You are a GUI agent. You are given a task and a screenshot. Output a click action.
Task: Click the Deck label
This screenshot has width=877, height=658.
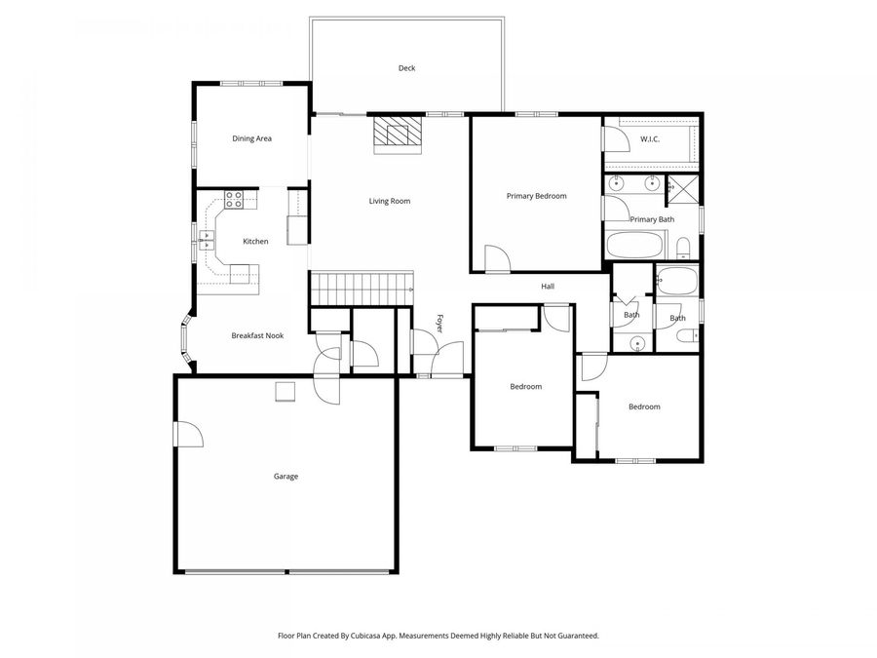[x=406, y=68]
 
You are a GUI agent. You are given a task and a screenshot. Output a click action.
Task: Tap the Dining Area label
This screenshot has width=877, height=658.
[x=251, y=138]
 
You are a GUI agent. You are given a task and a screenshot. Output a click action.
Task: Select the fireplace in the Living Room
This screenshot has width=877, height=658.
[x=397, y=134]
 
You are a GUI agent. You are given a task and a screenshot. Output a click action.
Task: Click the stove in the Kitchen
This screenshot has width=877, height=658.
[x=234, y=200]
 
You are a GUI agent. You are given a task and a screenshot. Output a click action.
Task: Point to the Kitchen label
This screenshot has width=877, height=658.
[x=255, y=241]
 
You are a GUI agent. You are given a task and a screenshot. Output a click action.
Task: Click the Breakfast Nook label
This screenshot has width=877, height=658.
[x=257, y=335]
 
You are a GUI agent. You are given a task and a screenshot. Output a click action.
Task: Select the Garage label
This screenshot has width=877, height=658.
[x=286, y=477]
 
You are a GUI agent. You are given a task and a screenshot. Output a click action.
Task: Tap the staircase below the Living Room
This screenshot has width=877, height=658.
[x=362, y=290]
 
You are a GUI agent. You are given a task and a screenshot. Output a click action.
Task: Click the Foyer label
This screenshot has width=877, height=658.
[x=439, y=325]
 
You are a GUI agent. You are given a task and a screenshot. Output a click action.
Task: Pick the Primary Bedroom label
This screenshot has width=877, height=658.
[x=536, y=196]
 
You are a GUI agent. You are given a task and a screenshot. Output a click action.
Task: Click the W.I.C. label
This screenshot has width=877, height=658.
[x=650, y=139]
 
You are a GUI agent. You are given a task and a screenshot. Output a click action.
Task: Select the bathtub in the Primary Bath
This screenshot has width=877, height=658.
[x=637, y=245]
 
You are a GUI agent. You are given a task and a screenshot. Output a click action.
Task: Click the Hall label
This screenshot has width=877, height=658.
[x=548, y=287]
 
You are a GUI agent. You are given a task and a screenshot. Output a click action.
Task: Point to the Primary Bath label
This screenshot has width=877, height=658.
[x=652, y=219]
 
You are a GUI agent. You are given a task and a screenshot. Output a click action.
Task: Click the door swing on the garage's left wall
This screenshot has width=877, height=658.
[x=187, y=435]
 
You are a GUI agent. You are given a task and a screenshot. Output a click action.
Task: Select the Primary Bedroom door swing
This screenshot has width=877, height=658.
[x=496, y=258]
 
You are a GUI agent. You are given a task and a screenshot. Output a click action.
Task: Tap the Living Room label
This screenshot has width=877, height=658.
[x=389, y=202]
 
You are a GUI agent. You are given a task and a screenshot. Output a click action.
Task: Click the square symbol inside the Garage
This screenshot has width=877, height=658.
[x=285, y=391]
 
